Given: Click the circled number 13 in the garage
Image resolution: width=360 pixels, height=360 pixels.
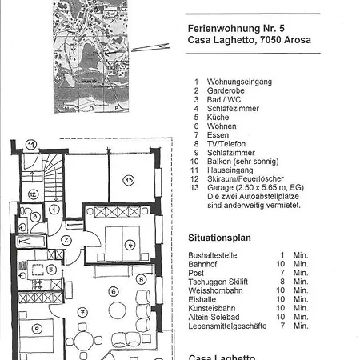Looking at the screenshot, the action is [x=128, y=181].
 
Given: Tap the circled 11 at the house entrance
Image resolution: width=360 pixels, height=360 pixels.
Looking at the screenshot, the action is [x=31, y=145].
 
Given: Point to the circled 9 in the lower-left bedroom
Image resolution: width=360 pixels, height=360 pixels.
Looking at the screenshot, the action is [x=36, y=328].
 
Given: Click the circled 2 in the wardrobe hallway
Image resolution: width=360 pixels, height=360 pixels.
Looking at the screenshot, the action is [x=66, y=239].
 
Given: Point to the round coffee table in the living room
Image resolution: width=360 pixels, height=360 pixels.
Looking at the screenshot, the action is [x=118, y=310].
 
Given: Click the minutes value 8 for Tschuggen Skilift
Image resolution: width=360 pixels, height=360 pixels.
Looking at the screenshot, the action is [x=282, y=282].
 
